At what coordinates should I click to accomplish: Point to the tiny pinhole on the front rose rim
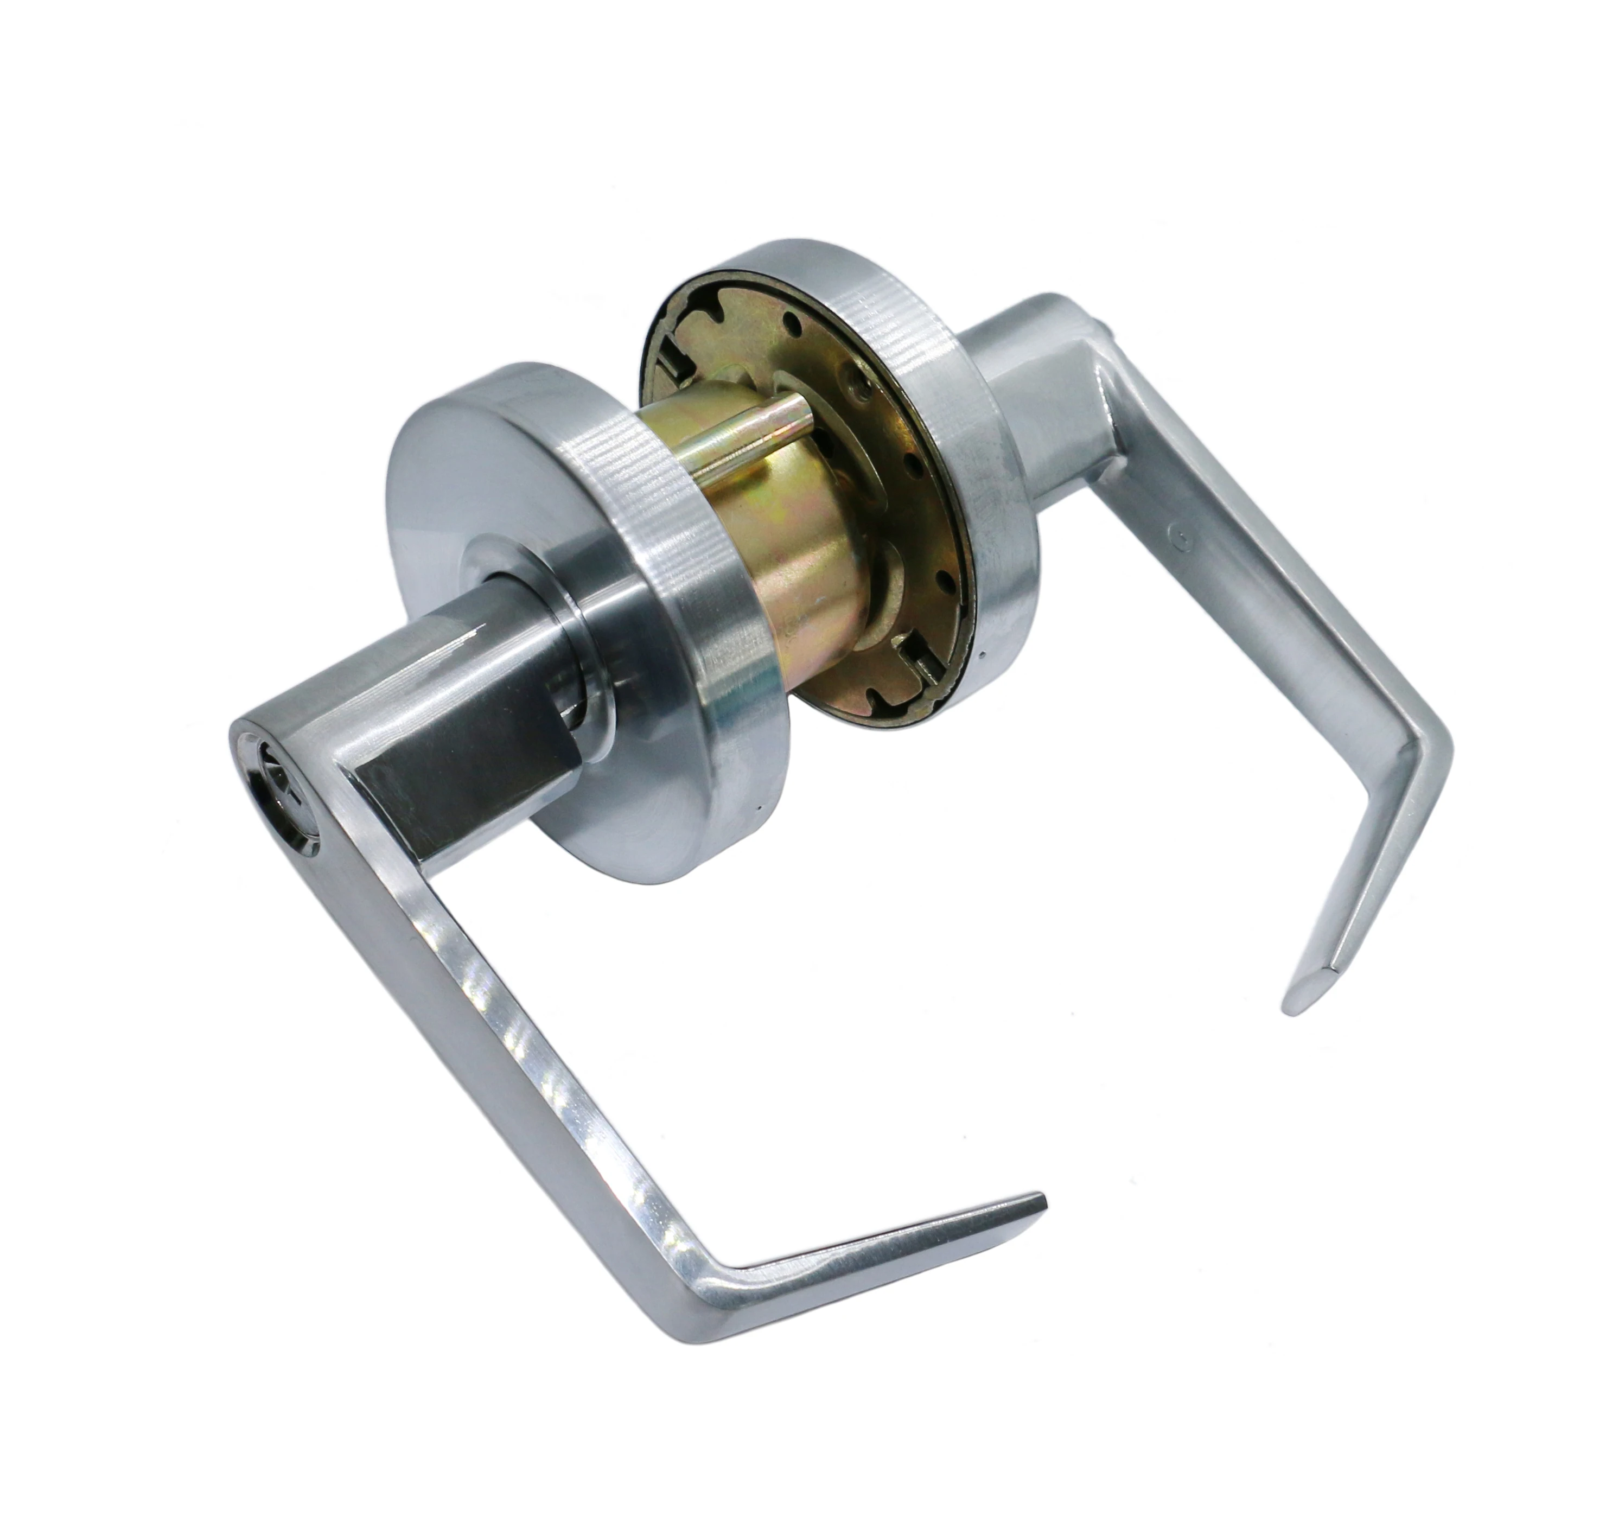[759, 811]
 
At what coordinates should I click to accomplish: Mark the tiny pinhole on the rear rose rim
[984, 654]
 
